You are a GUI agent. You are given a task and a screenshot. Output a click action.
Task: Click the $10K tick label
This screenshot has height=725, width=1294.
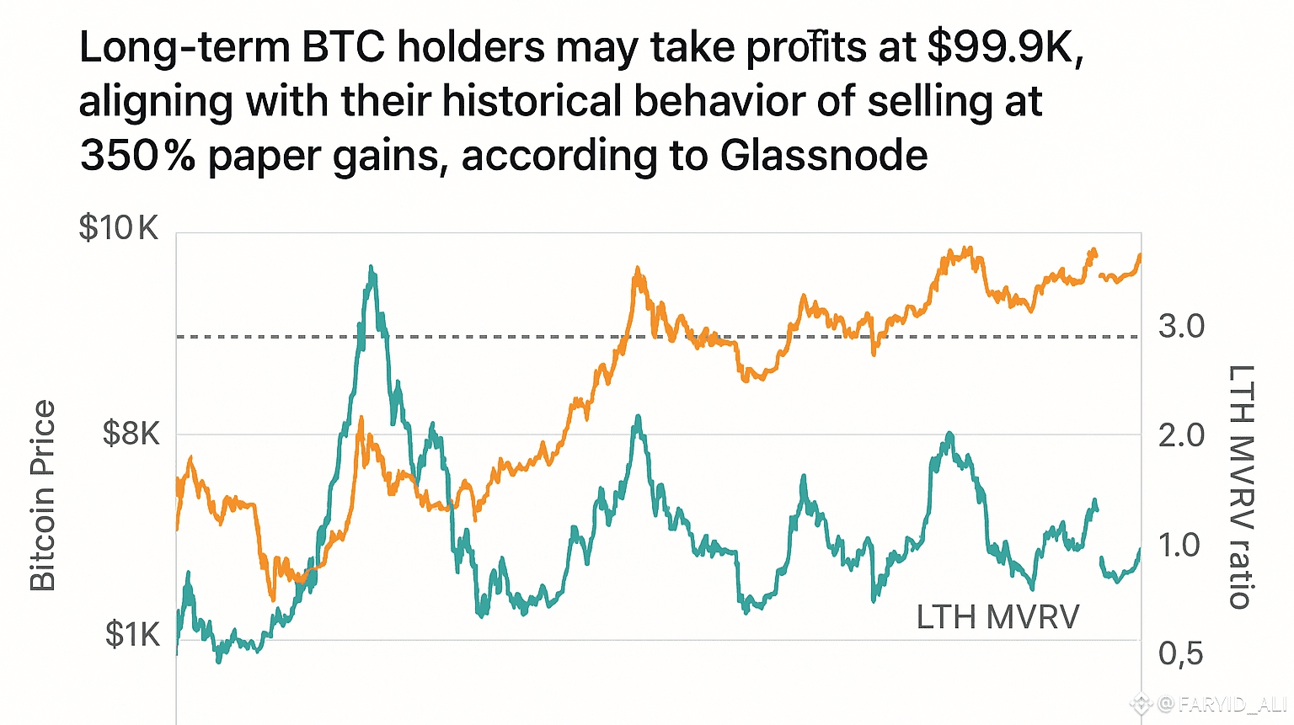(x=118, y=227)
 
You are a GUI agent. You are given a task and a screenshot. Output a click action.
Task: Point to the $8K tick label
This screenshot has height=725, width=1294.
(x=131, y=434)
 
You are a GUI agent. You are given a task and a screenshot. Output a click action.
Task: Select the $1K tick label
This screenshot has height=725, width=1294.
(x=132, y=635)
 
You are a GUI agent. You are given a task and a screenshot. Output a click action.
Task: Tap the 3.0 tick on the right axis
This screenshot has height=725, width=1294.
(x=1181, y=327)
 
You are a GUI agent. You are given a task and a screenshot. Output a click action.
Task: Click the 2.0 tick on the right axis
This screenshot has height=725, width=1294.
(x=1181, y=436)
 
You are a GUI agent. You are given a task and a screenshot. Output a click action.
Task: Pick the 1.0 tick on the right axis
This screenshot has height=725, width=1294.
(x=1179, y=546)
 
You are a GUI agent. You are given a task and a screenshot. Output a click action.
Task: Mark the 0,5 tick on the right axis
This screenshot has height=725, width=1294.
(x=1181, y=653)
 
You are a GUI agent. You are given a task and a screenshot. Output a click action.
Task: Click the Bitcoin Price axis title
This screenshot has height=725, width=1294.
(x=42, y=495)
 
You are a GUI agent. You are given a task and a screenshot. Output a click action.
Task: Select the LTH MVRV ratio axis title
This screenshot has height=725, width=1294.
(x=1241, y=487)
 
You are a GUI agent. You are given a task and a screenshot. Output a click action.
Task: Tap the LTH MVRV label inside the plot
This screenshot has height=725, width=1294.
(x=997, y=617)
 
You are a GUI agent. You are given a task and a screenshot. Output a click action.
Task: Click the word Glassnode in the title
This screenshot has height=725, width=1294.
(x=824, y=155)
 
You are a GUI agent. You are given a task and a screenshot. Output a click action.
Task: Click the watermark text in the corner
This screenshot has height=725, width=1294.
(x=1222, y=704)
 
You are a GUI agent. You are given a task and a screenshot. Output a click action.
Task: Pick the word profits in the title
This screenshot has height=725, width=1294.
(x=806, y=47)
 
